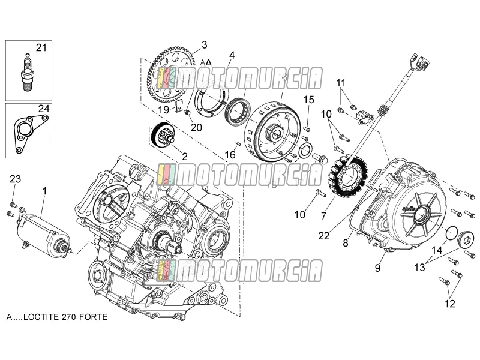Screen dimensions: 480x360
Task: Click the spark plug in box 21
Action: point(28,72)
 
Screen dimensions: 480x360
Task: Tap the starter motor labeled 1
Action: point(44,230)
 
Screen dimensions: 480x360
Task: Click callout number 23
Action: point(16,179)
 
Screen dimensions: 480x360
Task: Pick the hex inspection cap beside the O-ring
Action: point(466,239)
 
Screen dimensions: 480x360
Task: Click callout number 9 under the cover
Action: point(377,268)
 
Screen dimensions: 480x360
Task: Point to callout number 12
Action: point(449,304)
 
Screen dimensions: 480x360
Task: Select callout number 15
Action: point(309,100)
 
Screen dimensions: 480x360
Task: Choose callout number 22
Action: point(324,236)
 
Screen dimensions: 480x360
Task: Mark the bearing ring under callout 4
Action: point(238,111)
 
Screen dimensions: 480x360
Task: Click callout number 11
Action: point(341,83)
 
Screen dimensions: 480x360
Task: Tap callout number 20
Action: point(196,127)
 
